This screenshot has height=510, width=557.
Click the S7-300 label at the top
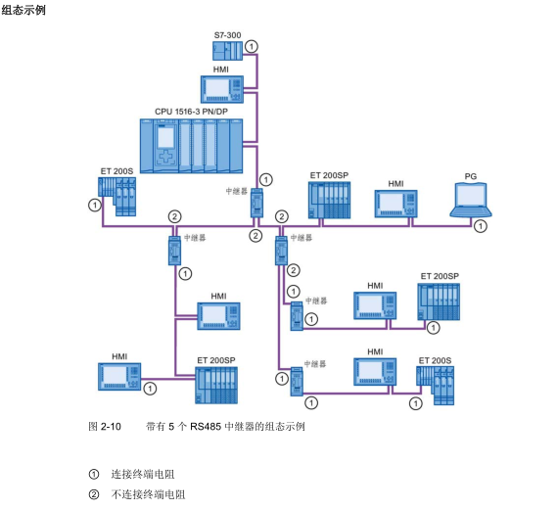click(x=227, y=35)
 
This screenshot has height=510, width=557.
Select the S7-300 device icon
click(x=227, y=50)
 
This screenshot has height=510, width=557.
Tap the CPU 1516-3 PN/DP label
click(x=190, y=112)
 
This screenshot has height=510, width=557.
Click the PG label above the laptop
click(x=471, y=175)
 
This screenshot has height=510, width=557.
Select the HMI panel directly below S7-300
click(x=221, y=89)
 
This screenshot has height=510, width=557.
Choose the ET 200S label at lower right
click(x=435, y=360)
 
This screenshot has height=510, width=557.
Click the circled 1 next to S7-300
click(x=252, y=46)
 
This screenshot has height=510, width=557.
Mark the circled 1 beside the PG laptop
click(x=480, y=226)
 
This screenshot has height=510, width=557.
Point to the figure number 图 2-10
click(x=105, y=427)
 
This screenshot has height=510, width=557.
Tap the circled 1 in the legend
click(x=94, y=474)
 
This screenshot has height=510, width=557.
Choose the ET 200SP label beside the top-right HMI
click(x=440, y=277)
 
